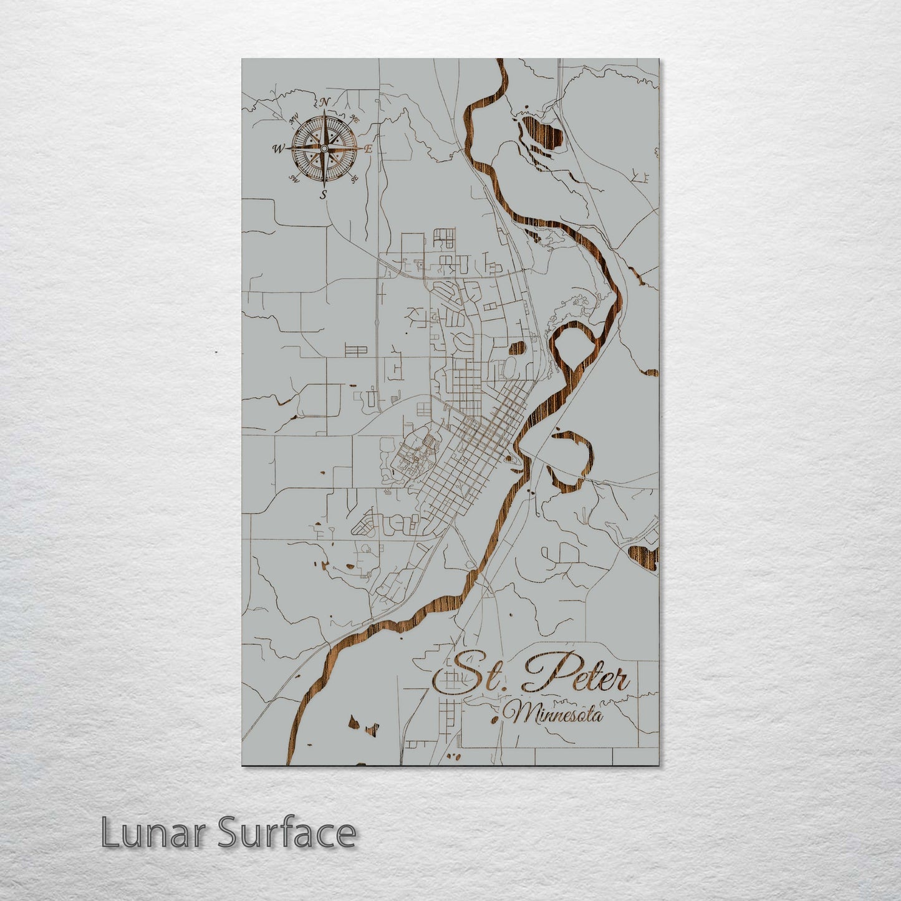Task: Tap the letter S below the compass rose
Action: tap(323, 195)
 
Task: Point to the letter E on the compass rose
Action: tap(369, 149)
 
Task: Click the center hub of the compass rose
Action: tap(324, 148)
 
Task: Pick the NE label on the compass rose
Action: tap(355, 118)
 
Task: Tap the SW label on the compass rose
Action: tap(293, 179)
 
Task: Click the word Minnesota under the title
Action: tap(555, 714)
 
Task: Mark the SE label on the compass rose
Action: tap(354, 180)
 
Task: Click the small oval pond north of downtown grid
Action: tap(518, 348)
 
